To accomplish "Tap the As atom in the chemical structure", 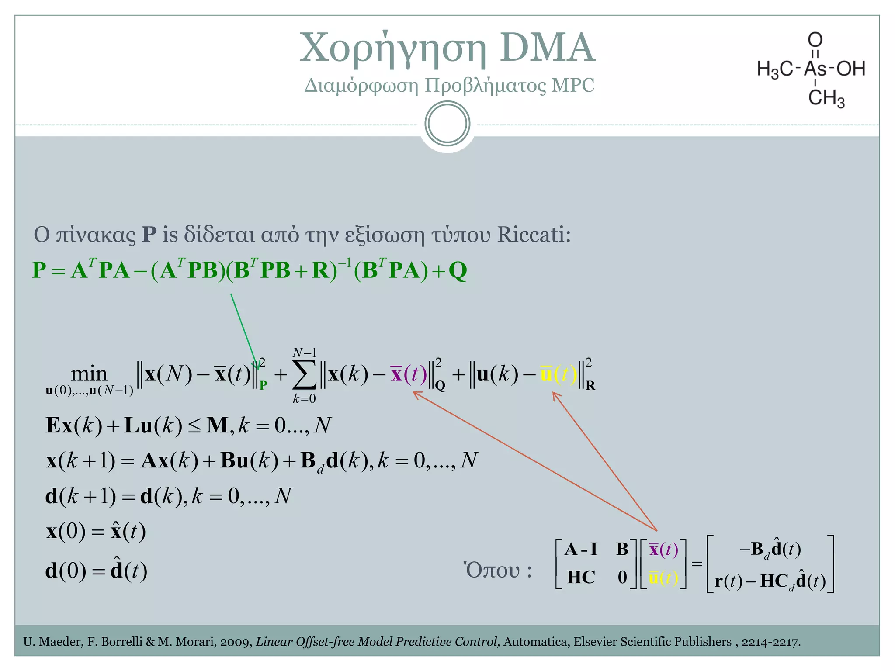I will coord(815,69).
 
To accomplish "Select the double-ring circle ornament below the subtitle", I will coord(447,124).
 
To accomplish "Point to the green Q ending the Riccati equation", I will coord(458,271).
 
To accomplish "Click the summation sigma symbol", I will coord(305,375).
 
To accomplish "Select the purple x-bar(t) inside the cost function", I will coord(408,374).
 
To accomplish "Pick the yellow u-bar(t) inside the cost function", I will coord(559,374).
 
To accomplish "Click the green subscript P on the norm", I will coord(263,385).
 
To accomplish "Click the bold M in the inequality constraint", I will coord(217,425).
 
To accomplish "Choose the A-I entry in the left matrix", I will coord(580,549).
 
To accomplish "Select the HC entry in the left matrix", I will coord(581,578).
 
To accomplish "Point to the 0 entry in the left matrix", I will coord(622,578).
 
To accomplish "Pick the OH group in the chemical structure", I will coord(850,69).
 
